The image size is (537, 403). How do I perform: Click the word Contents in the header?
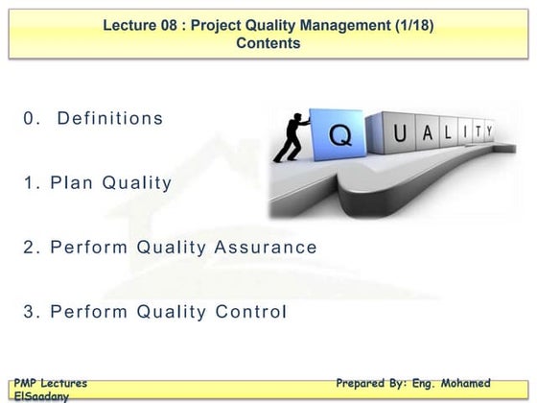tap(268, 43)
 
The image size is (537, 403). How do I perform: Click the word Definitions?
tap(110, 119)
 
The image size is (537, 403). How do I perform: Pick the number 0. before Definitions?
tap(33, 119)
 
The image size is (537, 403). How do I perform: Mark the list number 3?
tap(31, 312)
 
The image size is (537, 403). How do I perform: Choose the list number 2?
tap(31, 248)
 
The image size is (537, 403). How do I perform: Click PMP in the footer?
tap(27, 383)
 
